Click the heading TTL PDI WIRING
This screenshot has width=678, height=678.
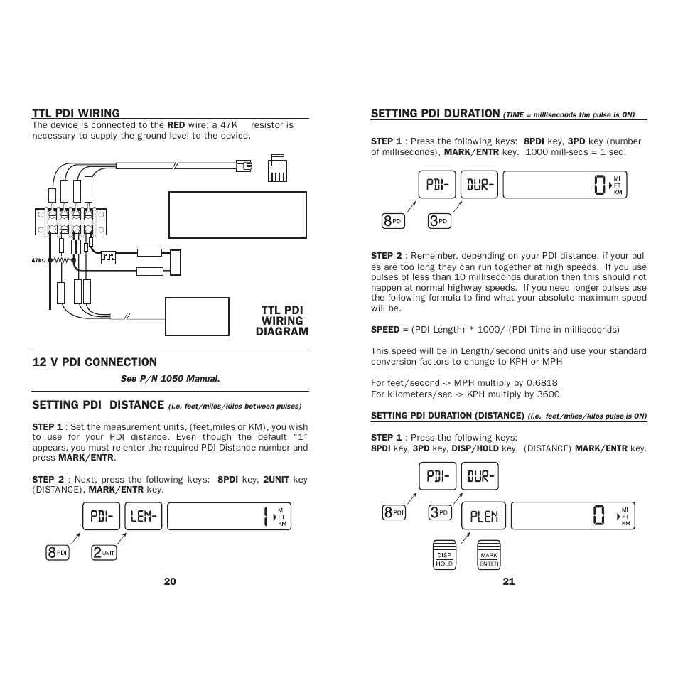pyautogui.click(x=75, y=113)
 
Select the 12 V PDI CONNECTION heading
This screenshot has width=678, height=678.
pyautogui.click(x=94, y=362)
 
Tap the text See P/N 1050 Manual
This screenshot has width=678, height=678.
pyautogui.click(x=170, y=379)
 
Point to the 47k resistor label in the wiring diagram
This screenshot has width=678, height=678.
pyautogui.click(x=39, y=260)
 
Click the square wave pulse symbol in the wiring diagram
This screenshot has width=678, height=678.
pyautogui.click(x=108, y=256)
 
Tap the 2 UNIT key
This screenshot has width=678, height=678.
pyautogui.click(x=104, y=552)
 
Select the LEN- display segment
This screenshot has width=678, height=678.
pyautogui.click(x=144, y=517)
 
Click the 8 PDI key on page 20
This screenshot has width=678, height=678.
pyautogui.click(x=58, y=552)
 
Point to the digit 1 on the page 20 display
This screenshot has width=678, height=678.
pyautogui.click(x=264, y=517)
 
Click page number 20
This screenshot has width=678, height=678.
pyautogui.click(x=170, y=581)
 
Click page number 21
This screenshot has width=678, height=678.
pyautogui.click(x=508, y=581)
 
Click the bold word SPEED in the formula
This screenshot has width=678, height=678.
pyautogui.click(x=385, y=330)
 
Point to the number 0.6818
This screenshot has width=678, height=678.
pyautogui.click(x=542, y=383)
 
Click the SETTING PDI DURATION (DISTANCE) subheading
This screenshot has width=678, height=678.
pyautogui.click(x=448, y=416)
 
